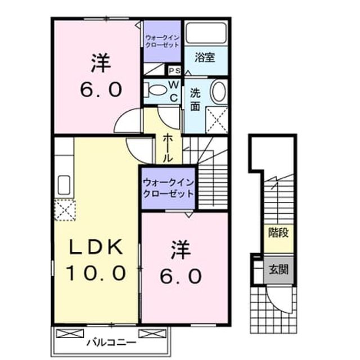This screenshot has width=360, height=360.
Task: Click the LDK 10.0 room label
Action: tap(96, 259)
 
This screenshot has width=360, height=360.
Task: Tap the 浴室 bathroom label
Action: tap(205, 57)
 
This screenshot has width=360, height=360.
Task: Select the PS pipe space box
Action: tap(175, 71)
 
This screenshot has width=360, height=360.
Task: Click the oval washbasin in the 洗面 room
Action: tap(219, 91)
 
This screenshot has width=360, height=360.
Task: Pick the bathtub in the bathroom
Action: tap(206, 33)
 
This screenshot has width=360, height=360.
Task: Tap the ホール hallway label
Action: tap(168, 148)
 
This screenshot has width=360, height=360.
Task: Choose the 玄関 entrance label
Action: tap(278, 269)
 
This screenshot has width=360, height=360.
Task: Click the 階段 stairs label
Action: tap(278, 233)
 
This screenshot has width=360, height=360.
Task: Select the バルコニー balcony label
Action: tap(111, 343)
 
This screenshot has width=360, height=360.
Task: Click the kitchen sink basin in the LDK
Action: tap(64, 185)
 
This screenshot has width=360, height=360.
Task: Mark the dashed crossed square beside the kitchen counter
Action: tap(65, 210)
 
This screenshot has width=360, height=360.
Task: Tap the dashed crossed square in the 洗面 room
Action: tap(217, 120)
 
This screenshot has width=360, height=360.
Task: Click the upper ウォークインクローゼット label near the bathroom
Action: tap(163, 41)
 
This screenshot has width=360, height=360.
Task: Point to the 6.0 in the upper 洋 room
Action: tap(101, 89)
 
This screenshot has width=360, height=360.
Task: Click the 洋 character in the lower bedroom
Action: tap(181, 250)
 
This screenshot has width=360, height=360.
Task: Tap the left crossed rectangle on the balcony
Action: tap(70, 334)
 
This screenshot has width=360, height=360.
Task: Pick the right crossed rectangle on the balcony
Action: tap(152, 334)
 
